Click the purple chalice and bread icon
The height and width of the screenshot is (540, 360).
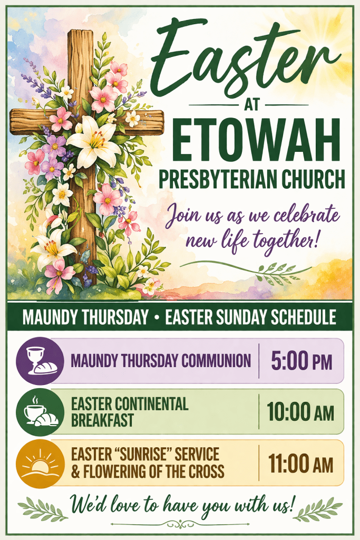(x=40, y=361)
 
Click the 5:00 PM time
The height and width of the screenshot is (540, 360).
(x=301, y=361)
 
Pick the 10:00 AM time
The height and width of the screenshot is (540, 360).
(x=300, y=412)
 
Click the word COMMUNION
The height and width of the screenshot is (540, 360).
(x=216, y=361)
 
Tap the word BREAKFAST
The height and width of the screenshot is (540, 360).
(x=102, y=420)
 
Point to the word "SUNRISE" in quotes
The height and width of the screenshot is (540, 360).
(x=145, y=454)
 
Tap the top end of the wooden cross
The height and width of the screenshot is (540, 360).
(x=81, y=32)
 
